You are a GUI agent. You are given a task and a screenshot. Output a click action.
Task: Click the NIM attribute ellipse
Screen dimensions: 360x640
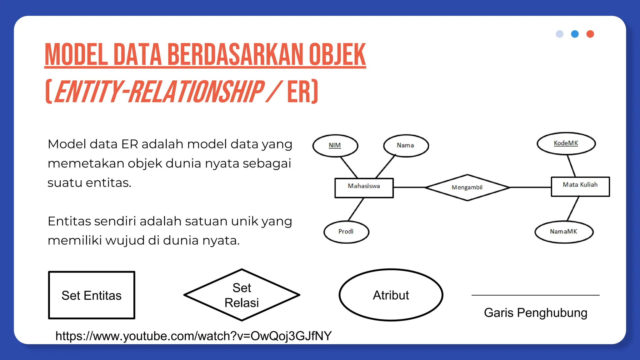pos(335,146)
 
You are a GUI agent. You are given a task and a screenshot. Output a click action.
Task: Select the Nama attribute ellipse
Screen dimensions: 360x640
pos(406,146)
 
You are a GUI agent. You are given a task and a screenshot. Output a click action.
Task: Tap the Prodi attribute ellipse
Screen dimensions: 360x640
pos(346,232)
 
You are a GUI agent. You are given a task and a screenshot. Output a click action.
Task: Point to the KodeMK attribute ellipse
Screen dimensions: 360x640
pos(566,143)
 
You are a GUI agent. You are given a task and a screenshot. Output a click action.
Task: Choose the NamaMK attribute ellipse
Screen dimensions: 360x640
pos(564,232)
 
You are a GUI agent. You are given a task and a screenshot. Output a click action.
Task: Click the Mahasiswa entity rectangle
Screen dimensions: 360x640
pos(364,188)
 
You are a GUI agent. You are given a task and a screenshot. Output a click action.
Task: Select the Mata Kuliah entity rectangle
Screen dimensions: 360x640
pos(580,187)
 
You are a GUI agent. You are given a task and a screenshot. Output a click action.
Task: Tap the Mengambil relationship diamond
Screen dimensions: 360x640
pos(467,187)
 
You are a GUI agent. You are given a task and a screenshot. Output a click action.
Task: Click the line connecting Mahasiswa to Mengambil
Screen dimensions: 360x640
pos(409,187)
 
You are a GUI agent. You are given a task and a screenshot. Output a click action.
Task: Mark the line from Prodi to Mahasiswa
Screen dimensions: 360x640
pos(356,209)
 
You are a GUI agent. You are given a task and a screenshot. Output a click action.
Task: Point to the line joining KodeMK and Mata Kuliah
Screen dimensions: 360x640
pos(571,166)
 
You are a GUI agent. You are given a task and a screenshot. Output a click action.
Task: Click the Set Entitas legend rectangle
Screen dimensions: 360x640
pos(92,295)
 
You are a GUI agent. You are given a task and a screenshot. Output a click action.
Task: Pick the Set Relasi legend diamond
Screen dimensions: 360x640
pos(242,295)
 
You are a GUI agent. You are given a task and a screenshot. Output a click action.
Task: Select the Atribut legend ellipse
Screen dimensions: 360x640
pos(391,295)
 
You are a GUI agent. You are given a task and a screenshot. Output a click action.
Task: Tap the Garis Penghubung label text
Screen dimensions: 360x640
pos(535,312)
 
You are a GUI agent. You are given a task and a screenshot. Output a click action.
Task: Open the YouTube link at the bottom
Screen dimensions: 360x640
pos(193,336)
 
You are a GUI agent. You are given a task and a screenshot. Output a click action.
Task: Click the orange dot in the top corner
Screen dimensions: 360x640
pos(590,34)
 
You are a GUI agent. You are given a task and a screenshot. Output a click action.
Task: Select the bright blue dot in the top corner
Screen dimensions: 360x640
pos(575,34)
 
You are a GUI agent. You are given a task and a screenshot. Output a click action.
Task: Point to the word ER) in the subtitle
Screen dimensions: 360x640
pos(302,92)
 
